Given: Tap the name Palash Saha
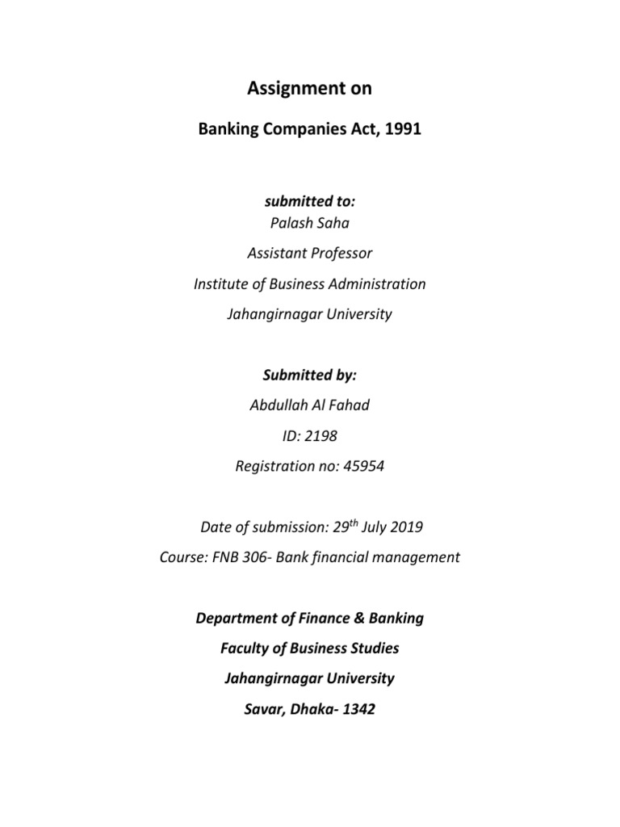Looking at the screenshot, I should click(309, 224).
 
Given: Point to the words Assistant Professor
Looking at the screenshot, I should click(309, 254).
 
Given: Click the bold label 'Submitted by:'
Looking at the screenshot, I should click(309, 375).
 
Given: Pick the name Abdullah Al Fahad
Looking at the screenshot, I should click(309, 405).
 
